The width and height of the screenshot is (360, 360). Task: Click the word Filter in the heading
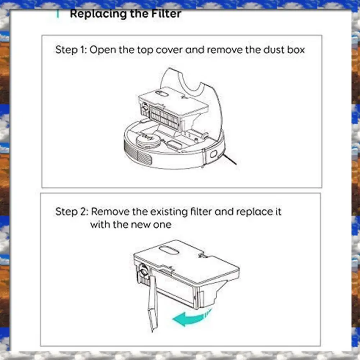(x=166, y=14)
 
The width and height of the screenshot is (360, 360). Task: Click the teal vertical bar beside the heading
(x=58, y=14)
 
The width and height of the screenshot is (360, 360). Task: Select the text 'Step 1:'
(x=70, y=50)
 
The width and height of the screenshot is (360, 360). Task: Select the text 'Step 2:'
(x=72, y=211)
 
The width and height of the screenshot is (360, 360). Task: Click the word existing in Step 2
(x=169, y=212)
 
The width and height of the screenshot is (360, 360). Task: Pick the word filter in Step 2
(x=201, y=211)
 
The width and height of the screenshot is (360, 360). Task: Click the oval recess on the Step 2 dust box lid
(x=170, y=250)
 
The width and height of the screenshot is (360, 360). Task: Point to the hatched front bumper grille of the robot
(x=137, y=153)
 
